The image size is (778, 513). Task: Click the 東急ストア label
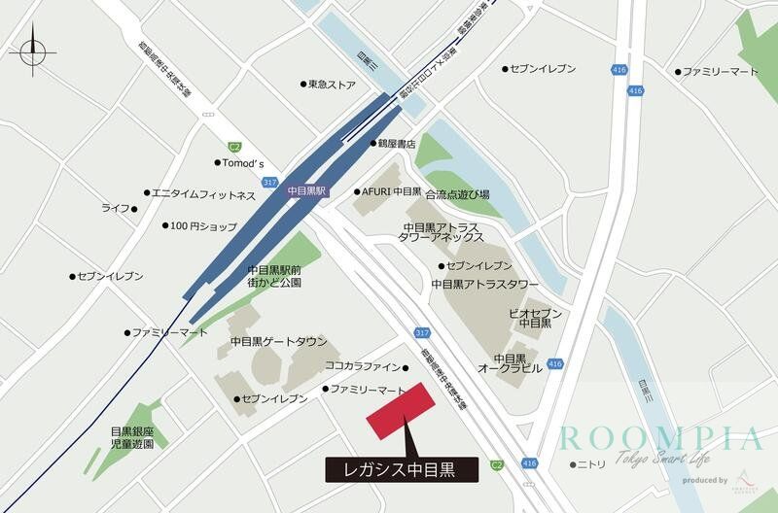tap(333, 85)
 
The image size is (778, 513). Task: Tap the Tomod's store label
tap(244, 162)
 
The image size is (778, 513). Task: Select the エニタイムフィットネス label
tap(203, 194)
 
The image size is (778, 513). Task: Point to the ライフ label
tap(116, 208)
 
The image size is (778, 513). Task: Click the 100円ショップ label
tap(203, 226)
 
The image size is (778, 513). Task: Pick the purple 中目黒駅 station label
tap(308, 191)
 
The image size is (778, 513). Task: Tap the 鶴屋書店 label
tap(397, 144)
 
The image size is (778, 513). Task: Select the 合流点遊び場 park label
tap(457, 194)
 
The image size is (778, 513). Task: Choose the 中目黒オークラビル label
tap(509, 363)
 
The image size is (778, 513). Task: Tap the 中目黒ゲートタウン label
tap(279, 342)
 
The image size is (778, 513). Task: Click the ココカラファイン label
tap(363, 366)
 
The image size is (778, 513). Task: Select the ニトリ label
tap(591, 464)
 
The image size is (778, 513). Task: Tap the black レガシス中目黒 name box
tap(402, 468)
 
